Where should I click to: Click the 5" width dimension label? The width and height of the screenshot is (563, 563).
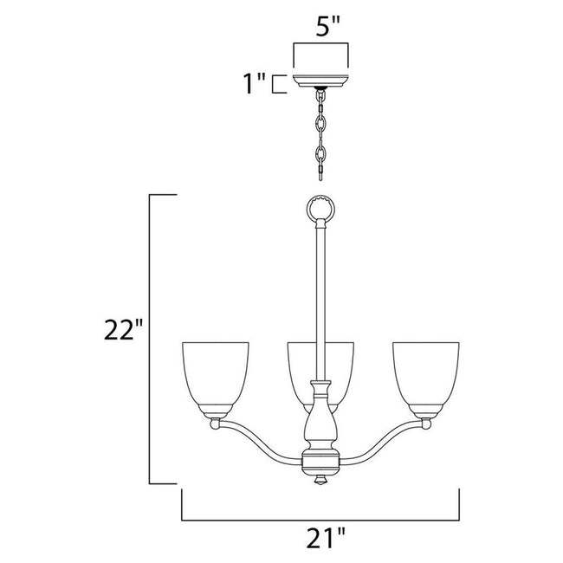[x=321, y=26]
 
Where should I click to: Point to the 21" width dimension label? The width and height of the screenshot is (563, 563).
[x=320, y=538]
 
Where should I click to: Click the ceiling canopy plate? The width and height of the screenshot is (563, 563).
[x=321, y=81]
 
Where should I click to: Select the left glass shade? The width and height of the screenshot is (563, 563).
[x=215, y=374]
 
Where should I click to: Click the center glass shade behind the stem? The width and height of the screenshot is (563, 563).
[x=299, y=368]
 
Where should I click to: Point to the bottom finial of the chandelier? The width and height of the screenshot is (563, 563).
[x=320, y=479]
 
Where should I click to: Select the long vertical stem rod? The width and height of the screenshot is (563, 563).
[x=320, y=294]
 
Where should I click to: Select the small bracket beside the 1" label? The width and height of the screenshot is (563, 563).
[x=276, y=84]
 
